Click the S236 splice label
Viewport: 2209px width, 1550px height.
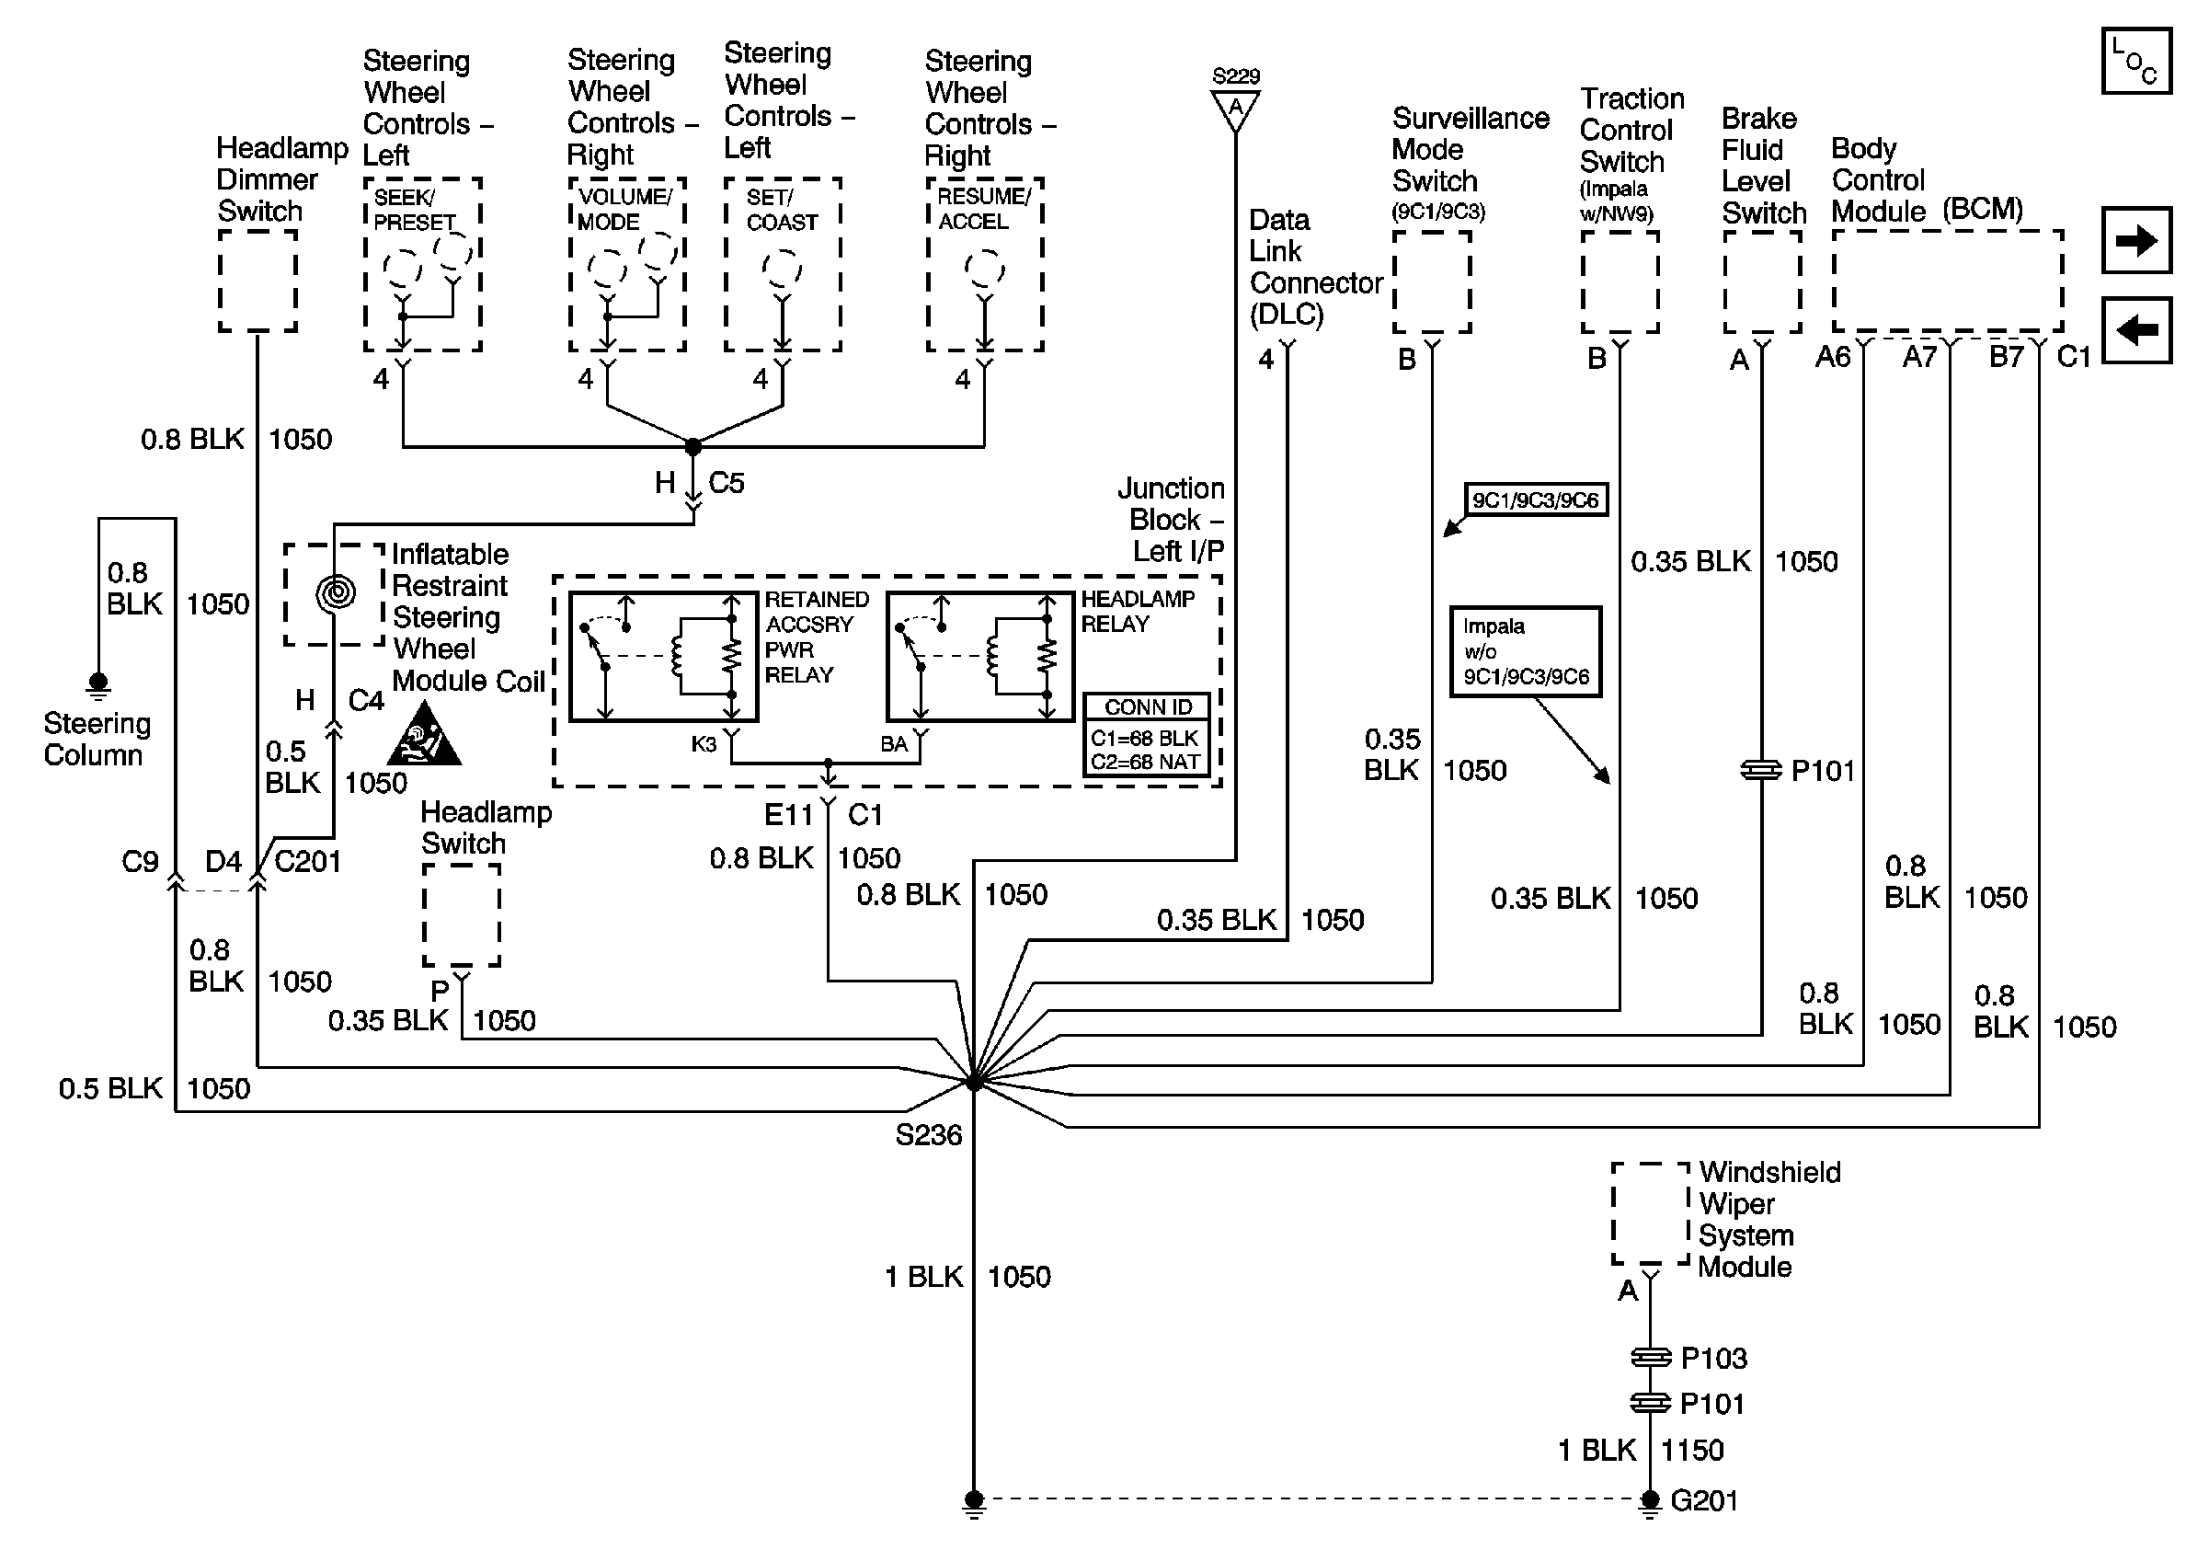click(x=928, y=1135)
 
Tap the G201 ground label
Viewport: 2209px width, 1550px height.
click(x=1704, y=1501)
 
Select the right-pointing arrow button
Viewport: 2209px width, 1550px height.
click(x=2135, y=239)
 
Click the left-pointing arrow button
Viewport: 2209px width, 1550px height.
click(x=2135, y=330)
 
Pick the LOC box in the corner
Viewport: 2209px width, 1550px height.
click(x=2135, y=62)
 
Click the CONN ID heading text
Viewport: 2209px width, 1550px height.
click(x=1147, y=707)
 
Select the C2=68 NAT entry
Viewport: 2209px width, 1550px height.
click(x=1144, y=762)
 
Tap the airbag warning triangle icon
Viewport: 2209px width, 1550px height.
click(x=424, y=737)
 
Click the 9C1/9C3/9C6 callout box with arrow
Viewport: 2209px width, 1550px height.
click(x=1535, y=500)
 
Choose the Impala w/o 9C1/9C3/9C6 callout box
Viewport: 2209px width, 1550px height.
click(x=1525, y=651)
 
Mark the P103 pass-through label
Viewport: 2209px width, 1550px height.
click(x=1712, y=1359)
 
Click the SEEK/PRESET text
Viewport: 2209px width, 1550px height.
click(x=414, y=210)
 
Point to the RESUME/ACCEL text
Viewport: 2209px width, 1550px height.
click(x=982, y=209)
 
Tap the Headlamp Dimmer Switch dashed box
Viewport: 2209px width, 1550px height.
click(x=258, y=281)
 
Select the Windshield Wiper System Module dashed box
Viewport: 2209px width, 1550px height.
click(x=1650, y=1213)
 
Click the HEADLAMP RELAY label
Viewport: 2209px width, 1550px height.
click(x=1138, y=612)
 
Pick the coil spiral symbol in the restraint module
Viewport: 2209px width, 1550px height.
click(x=336, y=592)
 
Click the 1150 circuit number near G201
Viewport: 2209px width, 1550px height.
click(x=1692, y=1450)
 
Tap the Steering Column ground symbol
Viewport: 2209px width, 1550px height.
click(x=97, y=685)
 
